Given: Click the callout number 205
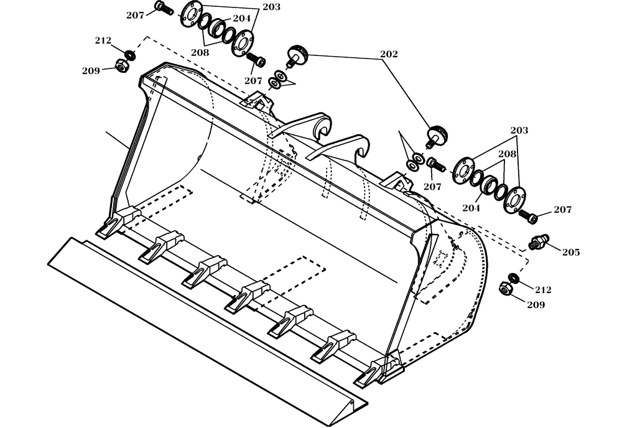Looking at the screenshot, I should [570, 252].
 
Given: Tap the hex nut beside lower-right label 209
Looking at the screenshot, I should [505, 289].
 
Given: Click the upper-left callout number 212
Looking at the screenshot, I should [103, 41].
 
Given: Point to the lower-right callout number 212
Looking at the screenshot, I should [542, 289].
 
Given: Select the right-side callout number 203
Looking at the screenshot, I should [519, 131].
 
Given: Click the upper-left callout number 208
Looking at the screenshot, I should [200, 53].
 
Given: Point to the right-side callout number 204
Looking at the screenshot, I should [471, 208].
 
